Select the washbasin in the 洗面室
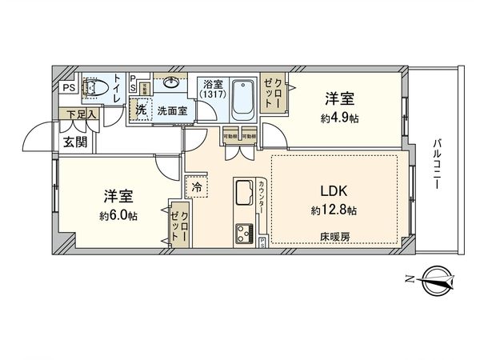click(171, 82)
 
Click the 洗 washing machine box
click(141, 110)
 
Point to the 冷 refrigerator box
click(197, 186)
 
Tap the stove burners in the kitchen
click(244, 234)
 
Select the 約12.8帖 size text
click(335, 210)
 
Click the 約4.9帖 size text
click(339, 117)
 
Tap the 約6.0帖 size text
click(118, 215)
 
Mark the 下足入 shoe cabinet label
click(81, 114)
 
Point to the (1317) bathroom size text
click(214, 94)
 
